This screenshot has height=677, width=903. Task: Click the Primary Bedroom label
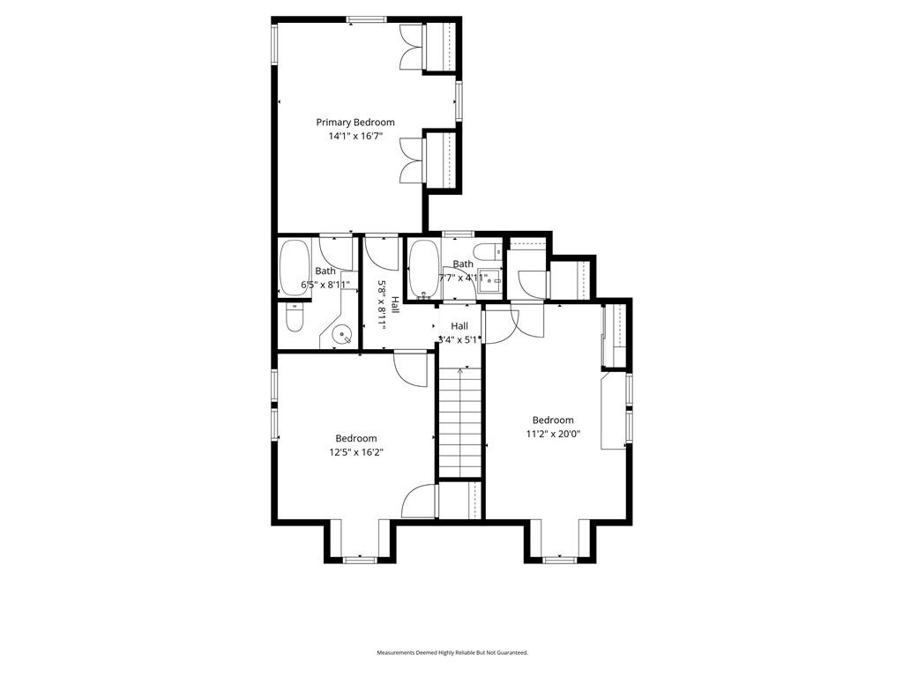(355, 123)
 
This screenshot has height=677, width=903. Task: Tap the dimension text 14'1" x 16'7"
(355, 137)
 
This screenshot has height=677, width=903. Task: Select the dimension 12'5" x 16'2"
(355, 452)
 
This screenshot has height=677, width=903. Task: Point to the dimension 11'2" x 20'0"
(552, 435)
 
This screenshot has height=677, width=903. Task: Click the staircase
(459, 423)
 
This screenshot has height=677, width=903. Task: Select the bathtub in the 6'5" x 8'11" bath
(292, 267)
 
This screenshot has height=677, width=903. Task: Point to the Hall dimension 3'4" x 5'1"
(459, 339)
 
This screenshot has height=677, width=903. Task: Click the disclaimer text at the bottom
(451, 653)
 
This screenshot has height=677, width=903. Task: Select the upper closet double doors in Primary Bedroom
(411, 46)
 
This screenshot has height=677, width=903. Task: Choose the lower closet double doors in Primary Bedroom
(411, 160)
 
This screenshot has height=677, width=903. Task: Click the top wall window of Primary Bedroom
(364, 19)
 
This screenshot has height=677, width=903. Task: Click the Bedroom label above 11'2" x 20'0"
(552, 420)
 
